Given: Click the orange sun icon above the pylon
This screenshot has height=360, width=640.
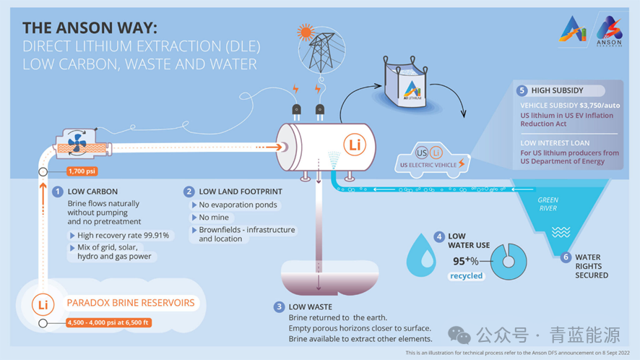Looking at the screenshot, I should pos(305,32).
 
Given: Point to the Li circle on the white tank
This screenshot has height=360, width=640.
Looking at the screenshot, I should pos(354,145).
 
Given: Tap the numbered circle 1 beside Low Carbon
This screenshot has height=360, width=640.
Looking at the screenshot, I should pos(57,192).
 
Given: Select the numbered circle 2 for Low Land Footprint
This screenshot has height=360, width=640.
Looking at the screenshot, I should pos(189,192).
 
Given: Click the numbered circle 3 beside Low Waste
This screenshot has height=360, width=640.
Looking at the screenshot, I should pos(279,307).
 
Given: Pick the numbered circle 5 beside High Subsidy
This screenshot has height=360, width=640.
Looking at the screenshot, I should pos(522,91).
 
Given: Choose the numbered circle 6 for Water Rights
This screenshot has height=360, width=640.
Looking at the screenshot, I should pos(566,257).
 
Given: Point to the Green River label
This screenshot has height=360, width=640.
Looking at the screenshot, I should pos(548,205).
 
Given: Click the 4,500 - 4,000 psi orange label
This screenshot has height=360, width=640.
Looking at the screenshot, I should pos(108,322).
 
